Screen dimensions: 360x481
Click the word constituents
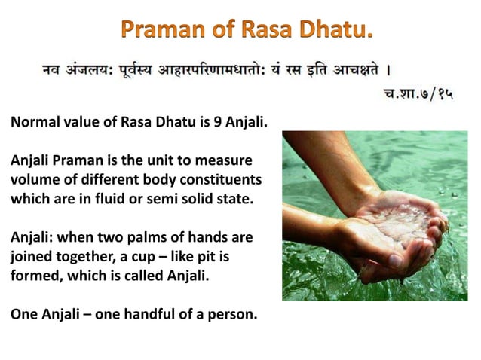tap(220, 182)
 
